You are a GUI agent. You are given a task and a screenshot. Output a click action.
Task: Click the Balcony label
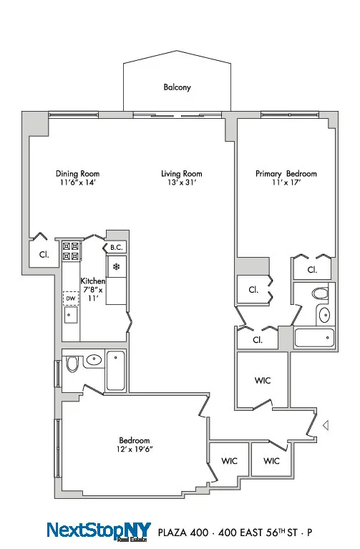pos(177,87)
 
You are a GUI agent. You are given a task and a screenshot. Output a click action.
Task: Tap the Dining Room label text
pos(77,173)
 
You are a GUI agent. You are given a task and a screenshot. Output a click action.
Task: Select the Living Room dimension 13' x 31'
pos(181,183)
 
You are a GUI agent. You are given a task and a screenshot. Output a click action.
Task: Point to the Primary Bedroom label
pos(286,173)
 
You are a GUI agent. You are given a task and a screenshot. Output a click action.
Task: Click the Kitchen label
pos(93,281)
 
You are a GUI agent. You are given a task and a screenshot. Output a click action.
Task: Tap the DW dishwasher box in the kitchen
pos(70,298)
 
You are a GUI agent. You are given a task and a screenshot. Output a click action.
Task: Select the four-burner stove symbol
pos(71,251)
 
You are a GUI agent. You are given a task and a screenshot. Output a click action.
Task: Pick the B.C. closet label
pos(116,248)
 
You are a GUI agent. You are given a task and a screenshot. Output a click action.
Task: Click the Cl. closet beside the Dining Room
pos(43,255)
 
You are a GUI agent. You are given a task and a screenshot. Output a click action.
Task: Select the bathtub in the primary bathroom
pos(313,336)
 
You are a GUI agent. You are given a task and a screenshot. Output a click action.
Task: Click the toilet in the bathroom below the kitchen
pos(72,364)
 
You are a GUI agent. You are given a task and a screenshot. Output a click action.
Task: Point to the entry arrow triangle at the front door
pos(326,426)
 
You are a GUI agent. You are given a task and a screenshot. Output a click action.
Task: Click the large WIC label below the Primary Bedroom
pos(262,381)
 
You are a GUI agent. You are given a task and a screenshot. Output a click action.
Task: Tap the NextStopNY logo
pos(99,530)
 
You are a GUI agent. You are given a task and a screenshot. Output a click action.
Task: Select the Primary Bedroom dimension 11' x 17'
pos(286,183)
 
